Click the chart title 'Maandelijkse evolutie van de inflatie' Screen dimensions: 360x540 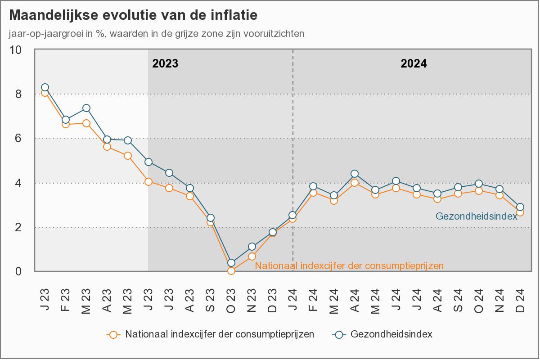pyautogui.click(x=133, y=15)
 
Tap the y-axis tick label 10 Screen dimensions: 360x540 pyautogui.click(x=16, y=50)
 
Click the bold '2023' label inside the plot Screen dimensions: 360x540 pyautogui.click(x=165, y=63)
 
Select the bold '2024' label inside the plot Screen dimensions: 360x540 pyautogui.click(x=414, y=63)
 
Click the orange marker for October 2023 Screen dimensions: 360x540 pyautogui.click(x=231, y=271)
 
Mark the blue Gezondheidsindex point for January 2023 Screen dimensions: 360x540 pyautogui.click(x=45, y=87)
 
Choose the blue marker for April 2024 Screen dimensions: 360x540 pyautogui.click(x=355, y=174)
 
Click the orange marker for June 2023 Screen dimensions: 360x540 pyautogui.click(x=148, y=182)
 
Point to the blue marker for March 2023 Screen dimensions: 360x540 pyautogui.click(x=86, y=108)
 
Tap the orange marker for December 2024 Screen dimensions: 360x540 pyautogui.click(x=520, y=212)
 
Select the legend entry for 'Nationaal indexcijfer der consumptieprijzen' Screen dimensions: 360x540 pyautogui.click(x=220, y=334)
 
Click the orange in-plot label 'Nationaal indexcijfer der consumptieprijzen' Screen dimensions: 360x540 pyautogui.click(x=349, y=266)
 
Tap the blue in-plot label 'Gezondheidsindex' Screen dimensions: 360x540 pyautogui.click(x=476, y=216)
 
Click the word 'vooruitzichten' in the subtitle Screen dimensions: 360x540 pyautogui.click(x=275, y=34)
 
